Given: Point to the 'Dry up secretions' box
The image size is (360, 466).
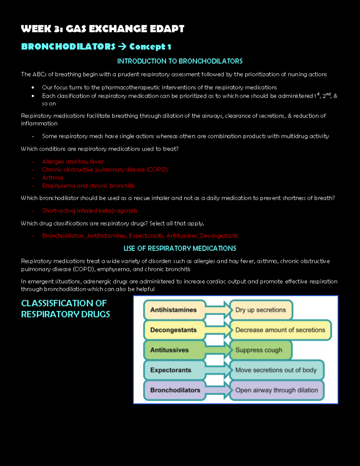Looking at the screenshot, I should coord(261,310).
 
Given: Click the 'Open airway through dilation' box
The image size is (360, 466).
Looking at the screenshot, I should coord(277,390).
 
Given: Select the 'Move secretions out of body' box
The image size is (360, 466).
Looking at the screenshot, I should coord(276,370).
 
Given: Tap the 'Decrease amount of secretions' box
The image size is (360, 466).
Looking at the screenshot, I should coord(280,330).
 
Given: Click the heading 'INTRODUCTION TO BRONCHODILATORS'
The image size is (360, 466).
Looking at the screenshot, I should coord(180,61).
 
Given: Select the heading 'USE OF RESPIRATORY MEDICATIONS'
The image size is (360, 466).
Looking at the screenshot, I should coord(180,248).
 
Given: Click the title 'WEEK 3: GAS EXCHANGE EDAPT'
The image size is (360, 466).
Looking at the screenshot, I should coord(103,29).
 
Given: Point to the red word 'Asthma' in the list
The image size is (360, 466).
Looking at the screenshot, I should coord(53,178).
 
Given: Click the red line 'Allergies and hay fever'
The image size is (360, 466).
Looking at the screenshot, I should coord(73,161).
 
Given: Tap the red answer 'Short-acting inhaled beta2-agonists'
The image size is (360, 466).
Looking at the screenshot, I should coord(90,211).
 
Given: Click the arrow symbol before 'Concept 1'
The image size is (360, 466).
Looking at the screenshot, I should coord(122,47).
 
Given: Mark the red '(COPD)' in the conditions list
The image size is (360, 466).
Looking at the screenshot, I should coord(157,170).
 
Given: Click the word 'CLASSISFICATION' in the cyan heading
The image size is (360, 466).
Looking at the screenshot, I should coord(64,303).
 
